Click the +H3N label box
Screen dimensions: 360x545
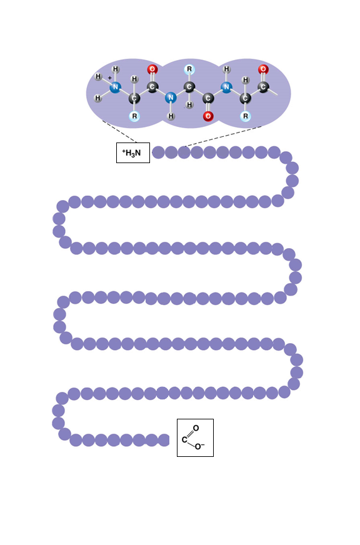[132, 152]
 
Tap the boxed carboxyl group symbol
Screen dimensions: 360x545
[195, 437]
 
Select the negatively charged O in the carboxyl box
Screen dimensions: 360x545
[198, 446]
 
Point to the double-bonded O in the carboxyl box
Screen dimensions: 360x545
[196, 428]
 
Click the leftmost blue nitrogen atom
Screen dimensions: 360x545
[116, 87]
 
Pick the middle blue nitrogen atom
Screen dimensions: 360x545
[171, 97]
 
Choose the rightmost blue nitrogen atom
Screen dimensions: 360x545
[227, 87]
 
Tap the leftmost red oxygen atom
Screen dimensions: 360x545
[152, 69]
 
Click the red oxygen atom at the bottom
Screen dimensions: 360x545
[208, 116]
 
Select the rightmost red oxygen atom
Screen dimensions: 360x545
[263, 69]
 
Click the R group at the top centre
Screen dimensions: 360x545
[189, 69]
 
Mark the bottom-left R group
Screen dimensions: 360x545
[134, 116]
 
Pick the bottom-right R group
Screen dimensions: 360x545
[246, 116]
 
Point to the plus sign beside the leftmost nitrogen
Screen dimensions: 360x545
[110, 78]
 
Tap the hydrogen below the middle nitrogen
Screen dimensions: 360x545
[171, 116]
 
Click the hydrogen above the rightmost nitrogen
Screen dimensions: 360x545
[227, 69]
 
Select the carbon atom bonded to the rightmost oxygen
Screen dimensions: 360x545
[263, 87]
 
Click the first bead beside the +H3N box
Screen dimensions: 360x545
[159, 152]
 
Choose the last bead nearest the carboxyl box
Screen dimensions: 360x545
[164, 440]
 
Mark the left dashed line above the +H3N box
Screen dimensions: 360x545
[120, 132]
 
